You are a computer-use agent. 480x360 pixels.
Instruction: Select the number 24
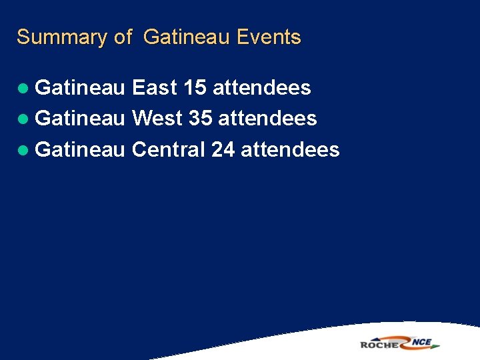pos(223,149)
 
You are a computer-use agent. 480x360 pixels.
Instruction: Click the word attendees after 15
pos(261,88)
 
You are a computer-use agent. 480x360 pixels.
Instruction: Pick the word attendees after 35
pos(267,119)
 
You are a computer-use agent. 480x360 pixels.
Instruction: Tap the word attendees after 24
pos(290,149)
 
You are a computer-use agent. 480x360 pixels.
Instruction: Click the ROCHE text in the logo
pos(380,344)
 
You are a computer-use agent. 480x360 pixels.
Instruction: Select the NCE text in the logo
pos(421,343)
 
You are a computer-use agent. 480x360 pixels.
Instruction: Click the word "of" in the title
pos(123,37)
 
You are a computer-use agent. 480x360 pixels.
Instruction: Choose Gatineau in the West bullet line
pos(79,119)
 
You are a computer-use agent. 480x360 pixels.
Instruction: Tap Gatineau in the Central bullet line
pos(79,149)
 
